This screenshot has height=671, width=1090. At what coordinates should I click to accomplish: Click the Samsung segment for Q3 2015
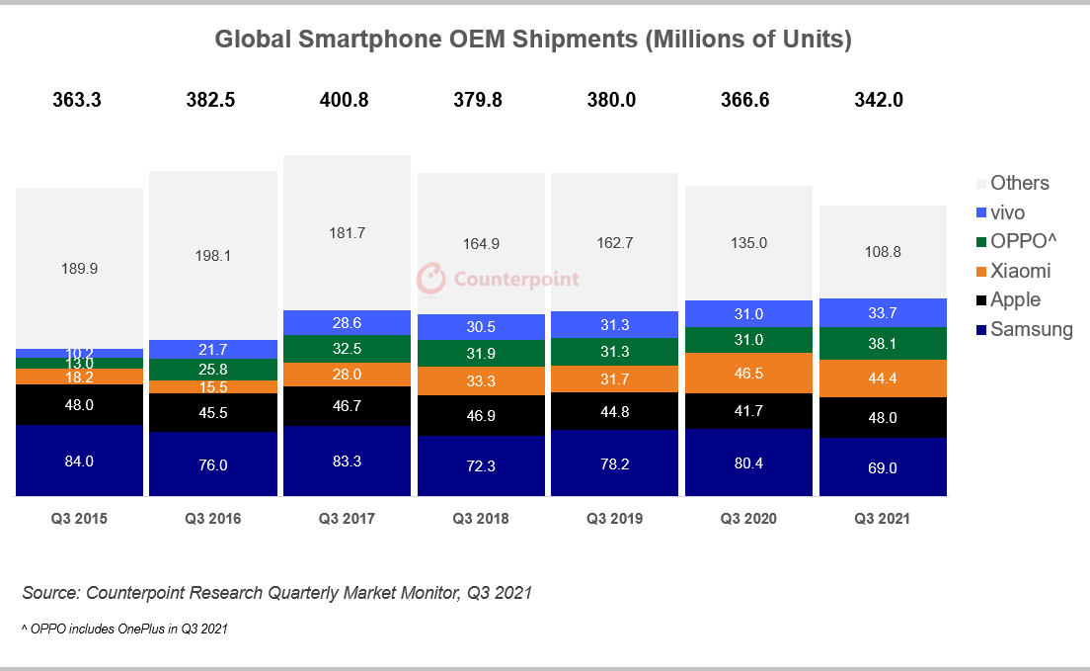point(79,461)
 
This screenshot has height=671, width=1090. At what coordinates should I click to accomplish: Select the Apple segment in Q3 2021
point(883,417)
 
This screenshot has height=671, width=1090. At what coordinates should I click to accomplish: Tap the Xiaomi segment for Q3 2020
point(748,373)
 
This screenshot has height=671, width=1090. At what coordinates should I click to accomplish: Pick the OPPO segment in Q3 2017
point(347,349)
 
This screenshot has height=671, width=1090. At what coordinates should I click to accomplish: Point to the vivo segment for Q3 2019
point(614,325)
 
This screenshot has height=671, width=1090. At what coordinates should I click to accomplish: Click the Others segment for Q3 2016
point(212,255)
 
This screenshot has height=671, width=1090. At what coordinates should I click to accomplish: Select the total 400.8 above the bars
point(346,100)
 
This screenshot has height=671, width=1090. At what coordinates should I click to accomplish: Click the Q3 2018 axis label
point(481,519)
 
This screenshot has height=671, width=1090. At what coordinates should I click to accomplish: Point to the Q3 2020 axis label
point(748,519)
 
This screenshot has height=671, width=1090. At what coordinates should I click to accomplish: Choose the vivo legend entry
point(1007,211)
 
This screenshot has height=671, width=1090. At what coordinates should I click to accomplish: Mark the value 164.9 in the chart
point(481,243)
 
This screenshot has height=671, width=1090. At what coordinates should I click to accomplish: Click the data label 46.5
point(748,373)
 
